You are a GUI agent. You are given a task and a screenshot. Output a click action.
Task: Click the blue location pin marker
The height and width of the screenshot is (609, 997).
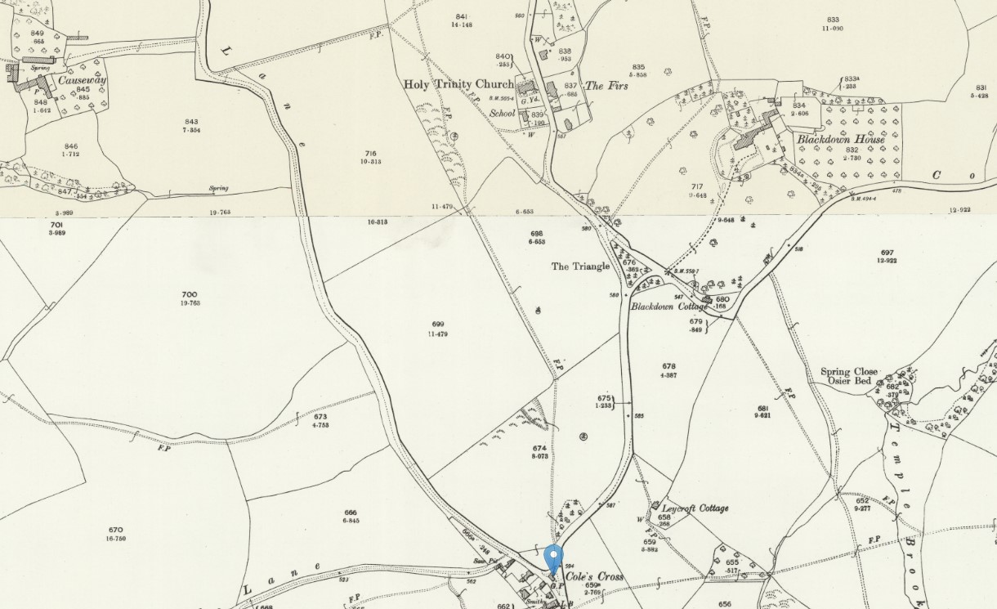point(554,559)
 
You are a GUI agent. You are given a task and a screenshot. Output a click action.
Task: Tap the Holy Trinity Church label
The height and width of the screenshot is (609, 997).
point(458,84)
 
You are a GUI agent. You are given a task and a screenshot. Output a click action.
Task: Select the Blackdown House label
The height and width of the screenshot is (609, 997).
point(841,140)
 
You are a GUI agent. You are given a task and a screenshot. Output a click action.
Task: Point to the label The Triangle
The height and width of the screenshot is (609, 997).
point(580,266)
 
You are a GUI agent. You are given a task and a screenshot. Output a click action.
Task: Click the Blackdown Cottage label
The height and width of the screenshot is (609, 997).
point(669,307)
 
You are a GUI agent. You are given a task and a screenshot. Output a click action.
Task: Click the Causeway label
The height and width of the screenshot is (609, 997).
point(82,80)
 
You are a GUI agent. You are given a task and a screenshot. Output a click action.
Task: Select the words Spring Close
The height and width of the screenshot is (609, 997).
point(849,372)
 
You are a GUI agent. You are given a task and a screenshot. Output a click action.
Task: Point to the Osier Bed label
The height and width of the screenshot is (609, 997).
point(849,383)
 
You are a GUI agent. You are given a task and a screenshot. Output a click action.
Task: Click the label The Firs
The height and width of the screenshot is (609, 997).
point(606,86)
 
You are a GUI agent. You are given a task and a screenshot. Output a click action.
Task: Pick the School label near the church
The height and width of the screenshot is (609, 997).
point(503,114)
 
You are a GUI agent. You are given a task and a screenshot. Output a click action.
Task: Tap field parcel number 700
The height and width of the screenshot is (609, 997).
point(190,294)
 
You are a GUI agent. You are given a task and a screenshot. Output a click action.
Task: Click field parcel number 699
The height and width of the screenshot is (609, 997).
point(437,325)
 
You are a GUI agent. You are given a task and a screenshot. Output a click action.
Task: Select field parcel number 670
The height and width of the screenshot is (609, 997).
point(115,530)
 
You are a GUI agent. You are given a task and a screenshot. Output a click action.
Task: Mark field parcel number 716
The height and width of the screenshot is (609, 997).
point(371,153)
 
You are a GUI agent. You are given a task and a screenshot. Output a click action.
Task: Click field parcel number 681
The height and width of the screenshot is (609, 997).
point(763,406)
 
